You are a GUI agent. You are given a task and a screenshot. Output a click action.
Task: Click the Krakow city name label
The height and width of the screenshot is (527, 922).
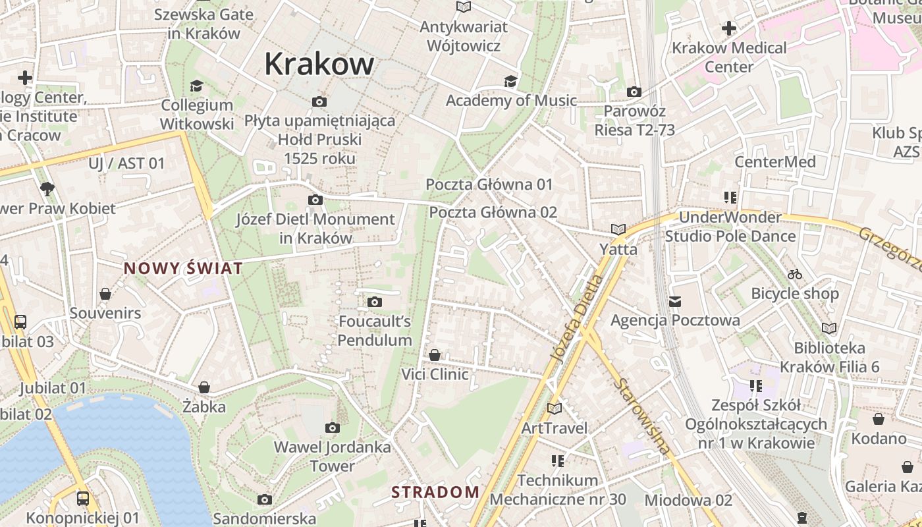coord(319,64)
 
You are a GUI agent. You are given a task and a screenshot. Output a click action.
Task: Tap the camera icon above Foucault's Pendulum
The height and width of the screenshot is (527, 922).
coord(374,302)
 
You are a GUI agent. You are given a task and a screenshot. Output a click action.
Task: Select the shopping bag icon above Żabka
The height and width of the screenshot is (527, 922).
coord(204,387)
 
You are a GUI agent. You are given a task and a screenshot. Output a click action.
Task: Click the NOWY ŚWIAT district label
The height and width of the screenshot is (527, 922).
coord(183,268)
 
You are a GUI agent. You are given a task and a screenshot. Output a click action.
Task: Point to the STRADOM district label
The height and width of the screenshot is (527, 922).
coord(435,492)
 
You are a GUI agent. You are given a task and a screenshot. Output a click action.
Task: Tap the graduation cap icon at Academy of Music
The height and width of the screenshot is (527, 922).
coord(510,81)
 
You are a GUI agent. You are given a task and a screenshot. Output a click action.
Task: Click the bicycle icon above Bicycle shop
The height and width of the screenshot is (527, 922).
coord(795,274)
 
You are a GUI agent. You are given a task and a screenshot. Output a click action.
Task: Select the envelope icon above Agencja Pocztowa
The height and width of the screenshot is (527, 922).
coord(675,302)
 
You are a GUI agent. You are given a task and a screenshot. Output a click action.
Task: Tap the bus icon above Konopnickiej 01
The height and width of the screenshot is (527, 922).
coord(82,499)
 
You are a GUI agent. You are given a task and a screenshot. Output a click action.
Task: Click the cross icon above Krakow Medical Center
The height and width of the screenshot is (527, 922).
coord(728,28)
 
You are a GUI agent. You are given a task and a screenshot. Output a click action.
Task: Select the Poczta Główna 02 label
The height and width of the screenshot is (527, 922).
coord(493,212)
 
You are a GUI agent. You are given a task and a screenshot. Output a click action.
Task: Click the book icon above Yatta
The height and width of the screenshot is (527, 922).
coord(618,229)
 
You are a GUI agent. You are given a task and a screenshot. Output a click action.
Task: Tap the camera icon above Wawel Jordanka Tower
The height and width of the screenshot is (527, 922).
coord(332,428)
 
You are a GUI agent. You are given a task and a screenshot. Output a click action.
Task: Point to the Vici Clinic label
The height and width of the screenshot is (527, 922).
coord(435,374)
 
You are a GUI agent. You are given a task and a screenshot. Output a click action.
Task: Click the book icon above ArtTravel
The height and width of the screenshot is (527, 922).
coord(555,408)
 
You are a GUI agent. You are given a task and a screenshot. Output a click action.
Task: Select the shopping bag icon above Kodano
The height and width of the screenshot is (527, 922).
coord(879,419)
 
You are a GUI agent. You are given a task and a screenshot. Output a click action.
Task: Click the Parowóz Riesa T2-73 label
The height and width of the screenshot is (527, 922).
coord(634,120)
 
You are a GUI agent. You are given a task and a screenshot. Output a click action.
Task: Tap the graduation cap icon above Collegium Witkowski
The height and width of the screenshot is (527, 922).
coord(196,86)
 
